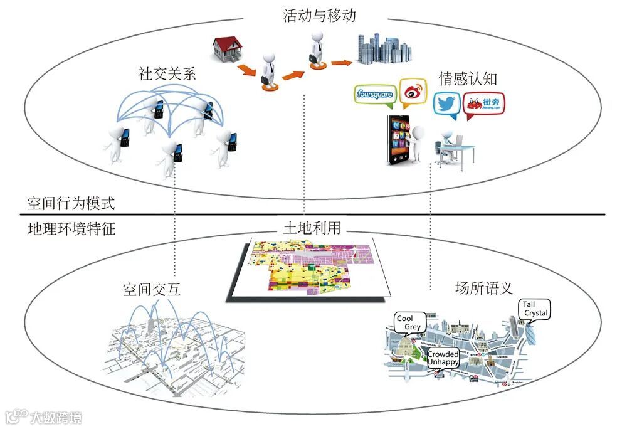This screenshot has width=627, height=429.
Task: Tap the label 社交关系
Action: [x=167, y=74]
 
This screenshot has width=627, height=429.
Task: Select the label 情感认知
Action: [x=468, y=78]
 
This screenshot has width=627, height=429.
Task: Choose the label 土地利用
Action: [x=312, y=228]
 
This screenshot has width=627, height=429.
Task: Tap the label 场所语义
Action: [x=483, y=289]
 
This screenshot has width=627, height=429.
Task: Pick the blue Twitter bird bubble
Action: [x=447, y=105]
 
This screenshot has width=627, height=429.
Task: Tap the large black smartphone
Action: [x=398, y=141]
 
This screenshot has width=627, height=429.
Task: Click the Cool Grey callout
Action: [x=409, y=322]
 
